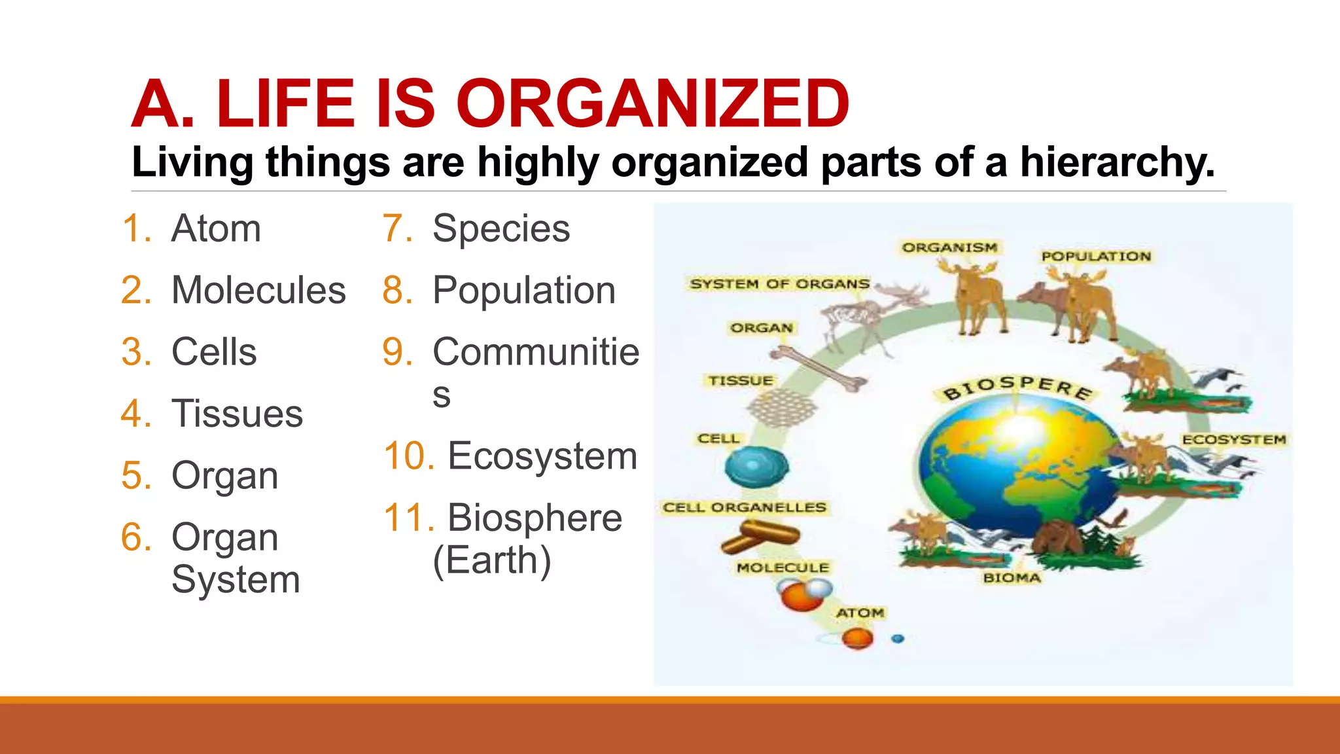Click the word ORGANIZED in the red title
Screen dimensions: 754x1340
click(x=652, y=103)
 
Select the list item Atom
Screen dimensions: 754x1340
click(x=216, y=228)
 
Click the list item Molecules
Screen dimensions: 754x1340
click(x=258, y=290)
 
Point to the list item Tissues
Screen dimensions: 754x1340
click(x=237, y=414)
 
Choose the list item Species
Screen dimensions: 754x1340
click(x=501, y=228)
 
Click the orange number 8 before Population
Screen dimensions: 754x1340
click(x=397, y=290)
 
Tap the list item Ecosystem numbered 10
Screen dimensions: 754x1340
click(x=542, y=456)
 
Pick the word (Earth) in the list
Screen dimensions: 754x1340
click(x=492, y=560)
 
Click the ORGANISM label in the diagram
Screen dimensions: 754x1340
click(x=949, y=247)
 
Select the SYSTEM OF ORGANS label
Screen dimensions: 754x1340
click(x=779, y=284)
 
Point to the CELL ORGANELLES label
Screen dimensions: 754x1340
click(x=745, y=507)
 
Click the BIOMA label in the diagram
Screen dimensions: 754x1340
click(x=1012, y=578)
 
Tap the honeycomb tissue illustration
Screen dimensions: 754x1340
click(x=782, y=408)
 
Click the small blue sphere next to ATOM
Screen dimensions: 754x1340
click(x=898, y=638)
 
